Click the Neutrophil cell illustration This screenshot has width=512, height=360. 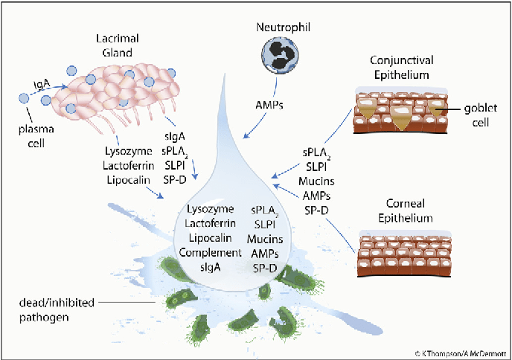[x=281, y=54]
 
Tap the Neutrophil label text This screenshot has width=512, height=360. [x=283, y=28]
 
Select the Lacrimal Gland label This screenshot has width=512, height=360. [x=118, y=45]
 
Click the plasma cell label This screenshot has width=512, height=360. [x=36, y=136]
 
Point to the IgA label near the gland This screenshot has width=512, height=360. [x=42, y=86]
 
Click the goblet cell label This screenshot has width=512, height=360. [x=481, y=115]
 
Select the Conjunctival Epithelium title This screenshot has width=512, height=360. [x=402, y=68]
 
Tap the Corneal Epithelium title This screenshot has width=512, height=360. [x=406, y=210]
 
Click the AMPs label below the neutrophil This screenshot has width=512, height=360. [x=269, y=105]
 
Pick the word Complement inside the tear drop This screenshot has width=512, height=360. [x=211, y=253]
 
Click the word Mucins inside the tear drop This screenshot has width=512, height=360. [x=265, y=239]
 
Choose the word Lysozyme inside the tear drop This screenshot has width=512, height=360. [x=211, y=210]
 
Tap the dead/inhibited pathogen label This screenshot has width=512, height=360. [x=57, y=309]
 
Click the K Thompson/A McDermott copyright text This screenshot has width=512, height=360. [x=461, y=353]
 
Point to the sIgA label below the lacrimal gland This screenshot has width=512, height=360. [x=175, y=137]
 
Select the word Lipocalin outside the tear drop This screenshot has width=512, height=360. [x=128, y=180]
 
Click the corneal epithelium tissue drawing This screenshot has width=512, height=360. [x=405, y=254]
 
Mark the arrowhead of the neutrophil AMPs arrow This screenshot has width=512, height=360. [x=246, y=135]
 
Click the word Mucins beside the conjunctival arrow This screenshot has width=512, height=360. [x=316, y=181]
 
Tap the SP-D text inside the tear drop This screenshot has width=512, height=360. [x=265, y=269]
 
